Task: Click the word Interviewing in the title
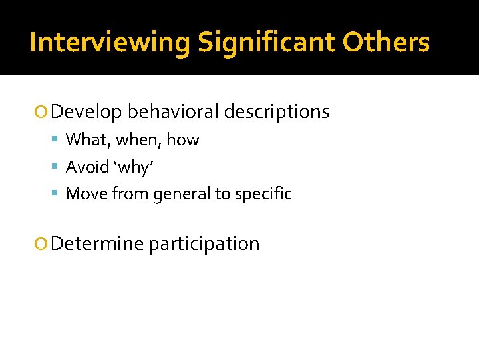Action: pos(110,43)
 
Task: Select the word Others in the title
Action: pos(387,43)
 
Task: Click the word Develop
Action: pos(86,112)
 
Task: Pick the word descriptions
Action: pos(276,111)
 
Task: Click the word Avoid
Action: pos(88,167)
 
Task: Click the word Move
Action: pos(87,194)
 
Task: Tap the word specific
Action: pos(262,195)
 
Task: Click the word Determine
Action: pos(97,244)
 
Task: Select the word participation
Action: pos(204,245)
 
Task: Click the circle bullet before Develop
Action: pos(42,113)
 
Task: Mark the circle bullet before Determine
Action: pos(42,245)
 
